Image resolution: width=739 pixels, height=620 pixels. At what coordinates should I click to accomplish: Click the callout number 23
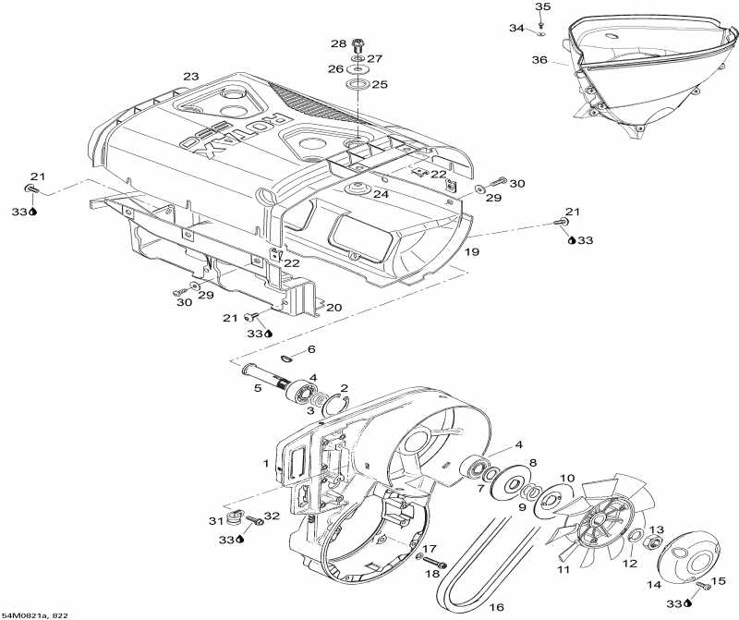point(191,77)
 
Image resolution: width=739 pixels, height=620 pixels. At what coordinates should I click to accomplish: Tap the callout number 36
point(539,60)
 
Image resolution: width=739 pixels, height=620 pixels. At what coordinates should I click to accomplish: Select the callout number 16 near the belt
point(495,608)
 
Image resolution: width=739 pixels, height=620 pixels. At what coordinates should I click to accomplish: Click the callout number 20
point(333,307)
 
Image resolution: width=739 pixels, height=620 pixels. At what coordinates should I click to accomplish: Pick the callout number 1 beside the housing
point(266,462)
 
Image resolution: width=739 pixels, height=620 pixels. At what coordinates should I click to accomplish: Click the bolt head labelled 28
point(361,44)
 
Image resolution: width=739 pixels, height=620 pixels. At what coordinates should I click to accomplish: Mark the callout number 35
point(542,7)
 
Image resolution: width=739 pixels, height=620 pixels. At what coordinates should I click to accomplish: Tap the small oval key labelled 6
point(287,359)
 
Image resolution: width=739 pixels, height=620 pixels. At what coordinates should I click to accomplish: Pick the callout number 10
point(567,479)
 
